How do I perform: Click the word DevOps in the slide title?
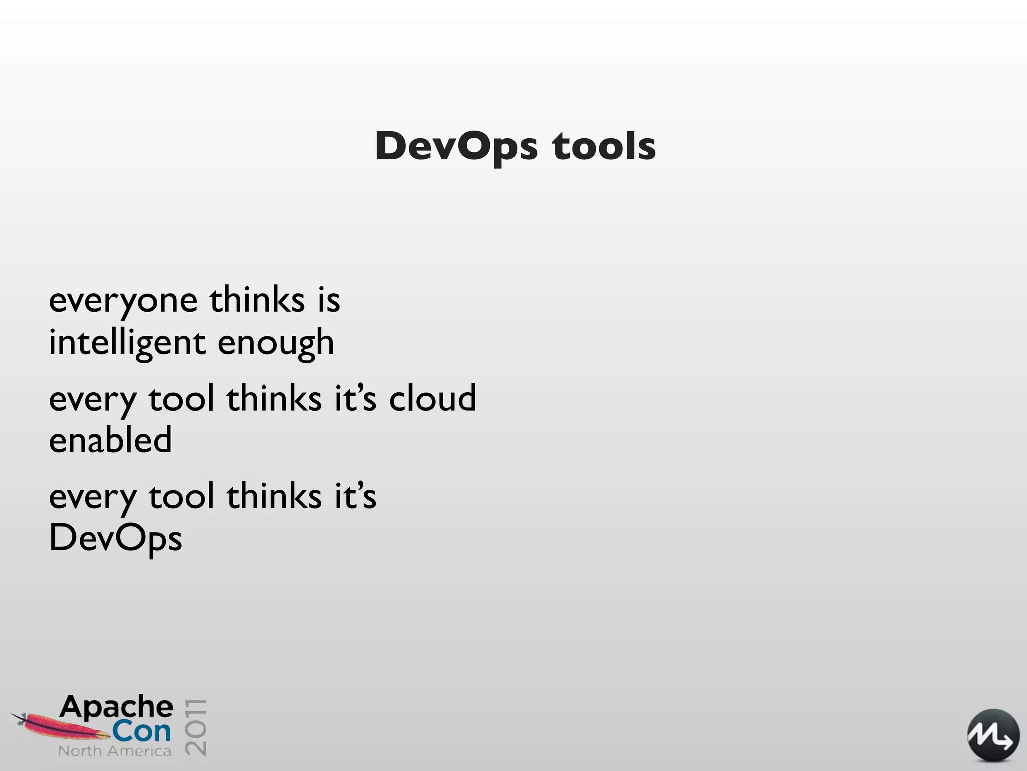[456, 147]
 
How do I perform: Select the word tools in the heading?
[604, 147]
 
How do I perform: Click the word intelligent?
[127, 343]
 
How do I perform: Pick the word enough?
[276, 343]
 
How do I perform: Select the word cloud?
[432, 399]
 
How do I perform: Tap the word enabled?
[110, 440]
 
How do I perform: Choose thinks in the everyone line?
[257, 300]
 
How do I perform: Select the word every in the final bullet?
[93, 497]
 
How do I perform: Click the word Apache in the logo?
[116, 707]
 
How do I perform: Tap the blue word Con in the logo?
[141, 732]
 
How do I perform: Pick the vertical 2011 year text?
[195, 726]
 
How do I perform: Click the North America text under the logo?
[115, 751]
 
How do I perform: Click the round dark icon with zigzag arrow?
[993, 736]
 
